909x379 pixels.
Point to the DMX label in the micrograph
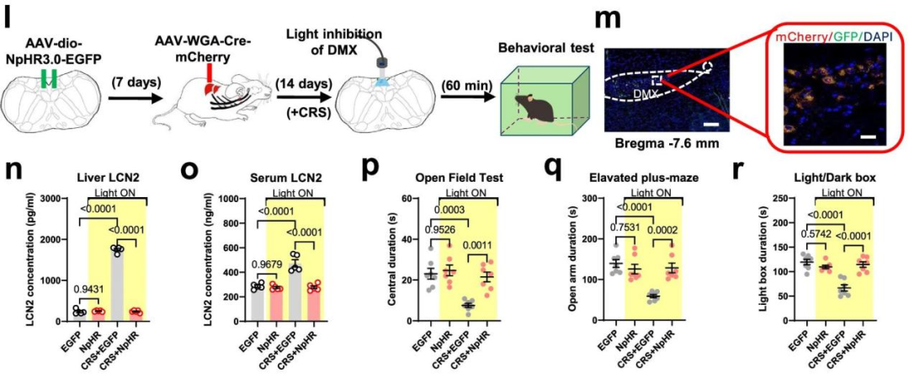point(643,95)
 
